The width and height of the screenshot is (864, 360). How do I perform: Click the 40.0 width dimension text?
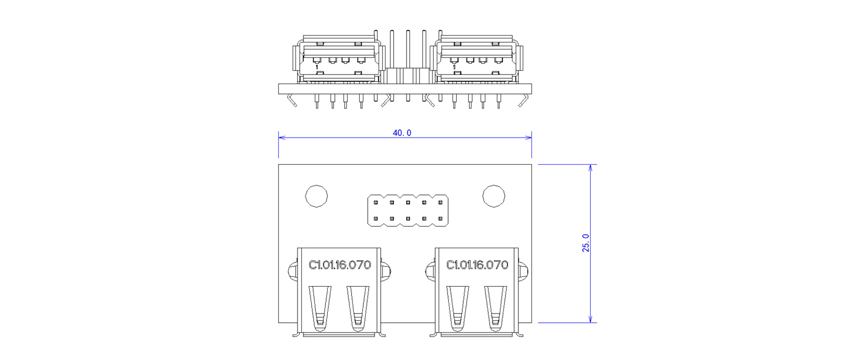(x=402, y=133)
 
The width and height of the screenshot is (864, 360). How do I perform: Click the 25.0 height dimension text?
(x=585, y=243)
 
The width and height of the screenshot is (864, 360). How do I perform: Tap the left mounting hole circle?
(x=316, y=196)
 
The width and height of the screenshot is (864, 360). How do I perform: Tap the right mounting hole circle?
(x=494, y=196)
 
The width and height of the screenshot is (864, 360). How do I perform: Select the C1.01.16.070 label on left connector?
(x=340, y=265)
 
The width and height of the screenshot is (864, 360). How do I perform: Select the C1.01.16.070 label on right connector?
(x=477, y=265)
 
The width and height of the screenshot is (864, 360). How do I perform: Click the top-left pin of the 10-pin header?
(x=376, y=202)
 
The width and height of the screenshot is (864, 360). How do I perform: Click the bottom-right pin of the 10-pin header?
(x=440, y=219)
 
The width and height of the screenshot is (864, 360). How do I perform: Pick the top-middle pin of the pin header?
(x=408, y=202)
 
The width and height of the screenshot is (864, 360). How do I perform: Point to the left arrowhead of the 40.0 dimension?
(x=281, y=137)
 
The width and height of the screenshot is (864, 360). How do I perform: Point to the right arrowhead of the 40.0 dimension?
(x=529, y=137)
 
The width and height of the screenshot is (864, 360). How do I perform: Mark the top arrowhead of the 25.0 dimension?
(x=590, y=168)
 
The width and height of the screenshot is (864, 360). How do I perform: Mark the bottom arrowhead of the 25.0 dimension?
(x=590, y=319)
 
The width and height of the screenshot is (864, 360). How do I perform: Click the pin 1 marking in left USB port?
(x=317, y=67)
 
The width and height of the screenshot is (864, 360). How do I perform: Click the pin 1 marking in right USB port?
(x=454, y=67)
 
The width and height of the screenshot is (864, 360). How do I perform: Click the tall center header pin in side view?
(x=408, y=65)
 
